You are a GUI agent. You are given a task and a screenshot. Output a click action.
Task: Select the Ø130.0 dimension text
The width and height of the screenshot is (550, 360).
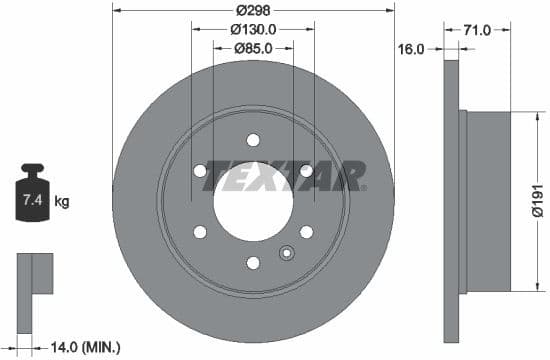click(x=253, y=29)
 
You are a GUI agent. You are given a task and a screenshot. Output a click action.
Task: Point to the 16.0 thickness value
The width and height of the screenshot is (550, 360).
click(x=412, y=47)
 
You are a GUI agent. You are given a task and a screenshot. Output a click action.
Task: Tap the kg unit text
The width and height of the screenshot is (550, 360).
click(x=62, y=202)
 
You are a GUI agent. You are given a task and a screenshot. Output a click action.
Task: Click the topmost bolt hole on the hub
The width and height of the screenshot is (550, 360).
click(x=253, y=140)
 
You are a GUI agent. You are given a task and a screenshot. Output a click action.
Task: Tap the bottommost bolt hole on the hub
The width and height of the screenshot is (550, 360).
click(x=253, y=262)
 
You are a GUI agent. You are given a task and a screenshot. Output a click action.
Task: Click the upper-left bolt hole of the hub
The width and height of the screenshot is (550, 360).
click(x=200, y=171)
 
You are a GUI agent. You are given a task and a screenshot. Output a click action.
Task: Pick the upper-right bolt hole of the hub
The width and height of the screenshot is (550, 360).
click(x=306, y=171)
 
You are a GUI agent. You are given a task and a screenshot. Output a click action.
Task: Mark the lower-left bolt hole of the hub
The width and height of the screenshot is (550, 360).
click(x=200, y=232)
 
